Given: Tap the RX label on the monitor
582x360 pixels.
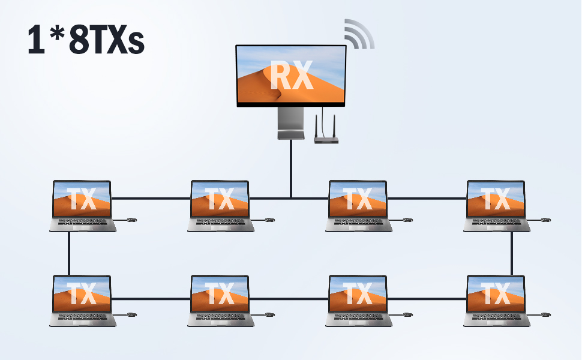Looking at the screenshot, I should pos(291,76).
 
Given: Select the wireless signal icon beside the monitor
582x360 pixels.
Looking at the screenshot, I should pos(359,34).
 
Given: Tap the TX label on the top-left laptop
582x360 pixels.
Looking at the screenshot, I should pos(82,199).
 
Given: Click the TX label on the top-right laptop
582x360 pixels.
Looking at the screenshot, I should pos(496,199).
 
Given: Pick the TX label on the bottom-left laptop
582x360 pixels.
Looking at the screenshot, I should pos(82,295).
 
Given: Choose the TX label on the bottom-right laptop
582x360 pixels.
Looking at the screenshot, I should pos(496,295).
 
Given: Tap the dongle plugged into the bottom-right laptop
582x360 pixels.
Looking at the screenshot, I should pos(546,314).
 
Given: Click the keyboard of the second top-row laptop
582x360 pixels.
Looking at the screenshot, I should pos(220,223).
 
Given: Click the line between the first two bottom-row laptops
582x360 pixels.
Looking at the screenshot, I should pos(151,298).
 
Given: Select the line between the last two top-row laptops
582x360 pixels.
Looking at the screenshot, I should pos(427,198).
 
